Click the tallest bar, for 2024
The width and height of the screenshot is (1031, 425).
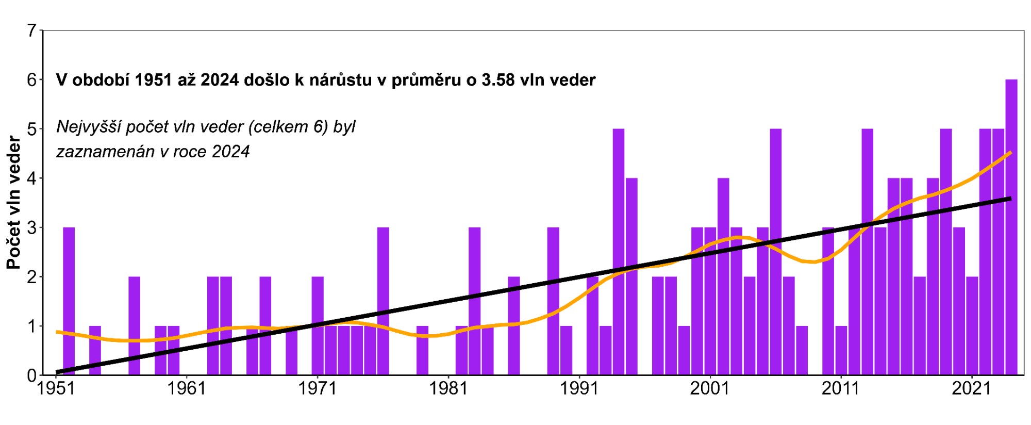point(1011,227)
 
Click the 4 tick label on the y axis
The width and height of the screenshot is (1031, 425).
point(32,178)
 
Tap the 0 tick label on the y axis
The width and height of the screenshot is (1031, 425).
point(32,375)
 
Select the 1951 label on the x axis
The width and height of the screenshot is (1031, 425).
point(56,388)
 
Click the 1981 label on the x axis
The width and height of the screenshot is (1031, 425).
point(448,388)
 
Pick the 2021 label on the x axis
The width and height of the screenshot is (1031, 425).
point(971,388)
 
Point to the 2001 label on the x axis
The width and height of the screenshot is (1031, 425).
point(710,388)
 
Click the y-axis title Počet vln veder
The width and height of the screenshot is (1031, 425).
point(14,203)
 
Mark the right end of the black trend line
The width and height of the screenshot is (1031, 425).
point(1010,199)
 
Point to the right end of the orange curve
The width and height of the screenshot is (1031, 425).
point(1010,153)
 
